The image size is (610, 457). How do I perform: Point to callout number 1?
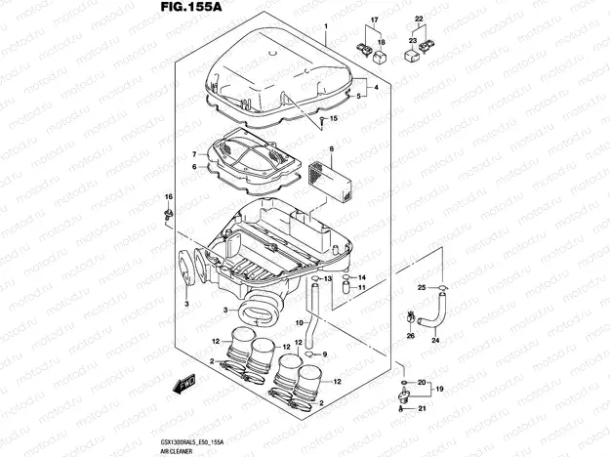pyautogui.click(x=325, y=21)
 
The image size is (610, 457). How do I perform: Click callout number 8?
pyautogui.click(x=331, y=148)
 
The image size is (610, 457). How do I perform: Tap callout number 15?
pyautogui.click(x=334, y=119)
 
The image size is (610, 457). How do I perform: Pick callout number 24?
pyautogui.click(x=435, y=341)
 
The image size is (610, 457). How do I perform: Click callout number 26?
pyautogui.click(x=410, y=335)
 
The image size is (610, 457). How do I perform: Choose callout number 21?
pyautogui.click(x=423, y=409)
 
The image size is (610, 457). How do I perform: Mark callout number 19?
pyautogui.click(x=439, y=390)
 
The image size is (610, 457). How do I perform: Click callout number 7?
pyautogui.click(x=194, y=154)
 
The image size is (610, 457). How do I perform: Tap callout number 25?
pyautogui.click(x=422, y=288)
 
